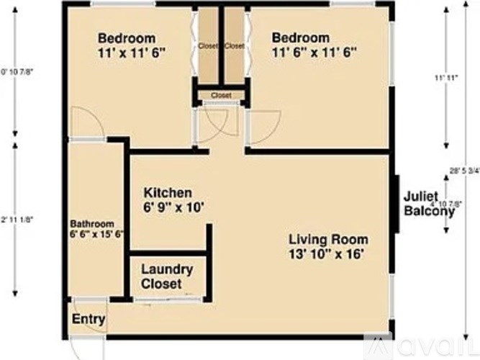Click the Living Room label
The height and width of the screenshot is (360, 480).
pos(329,239)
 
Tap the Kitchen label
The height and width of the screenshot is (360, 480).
pos(168,193)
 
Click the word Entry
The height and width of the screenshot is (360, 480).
pos(89,319)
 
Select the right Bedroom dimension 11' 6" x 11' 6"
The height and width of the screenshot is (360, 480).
pos(314,53)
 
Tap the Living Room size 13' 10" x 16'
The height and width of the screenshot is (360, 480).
pos(330,254)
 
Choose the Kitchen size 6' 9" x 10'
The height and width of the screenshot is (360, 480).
pos(175,208)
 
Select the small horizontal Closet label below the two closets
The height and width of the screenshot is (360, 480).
pos(221,95)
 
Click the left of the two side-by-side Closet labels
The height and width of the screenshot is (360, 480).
pos(208,46)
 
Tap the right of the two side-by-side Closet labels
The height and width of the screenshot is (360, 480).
pos(235,46)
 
